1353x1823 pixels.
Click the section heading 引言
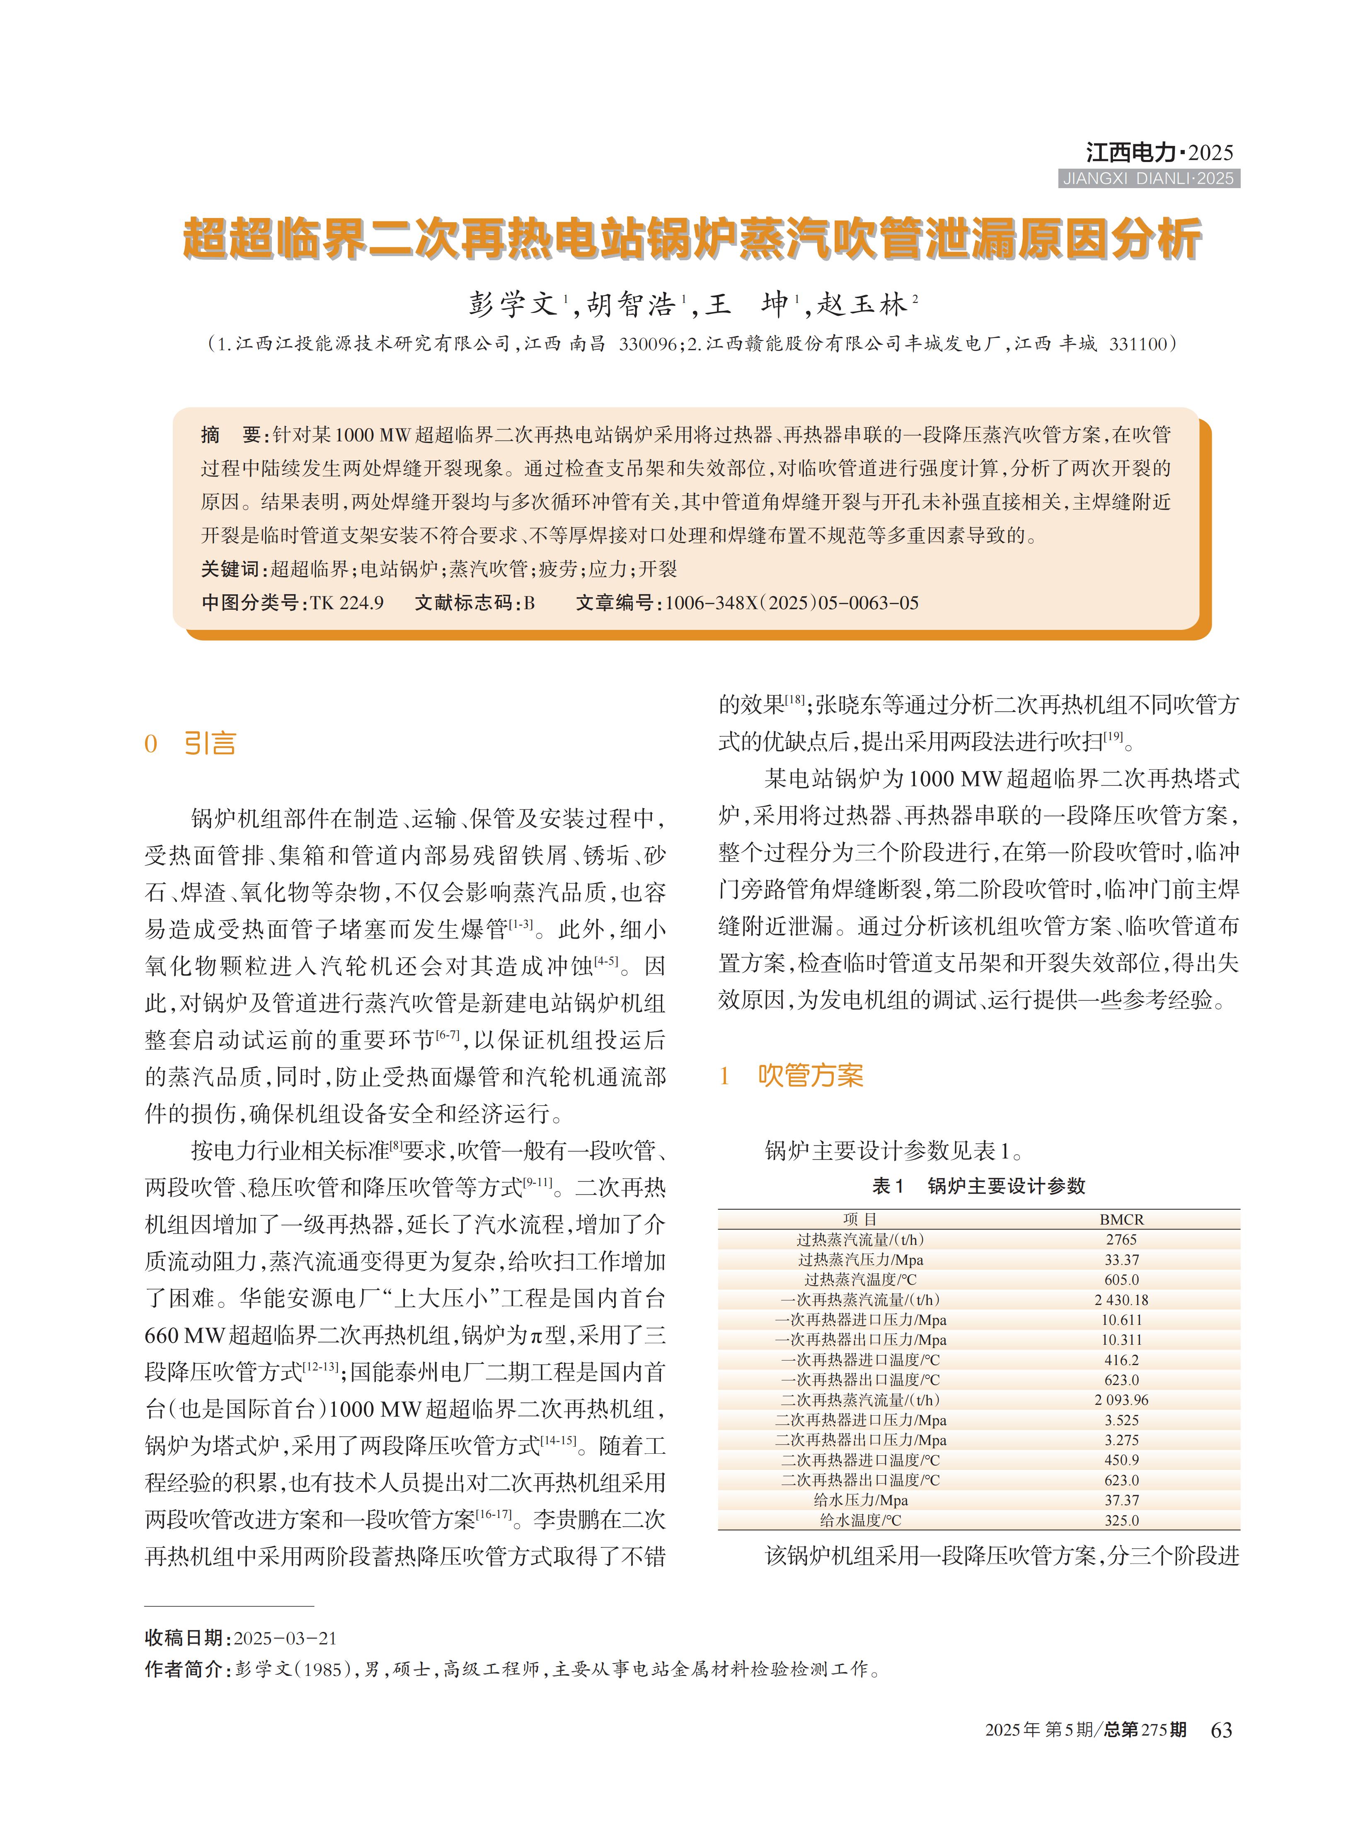(x=210, y=743)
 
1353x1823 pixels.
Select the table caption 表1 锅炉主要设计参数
(x=979, y=1186)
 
